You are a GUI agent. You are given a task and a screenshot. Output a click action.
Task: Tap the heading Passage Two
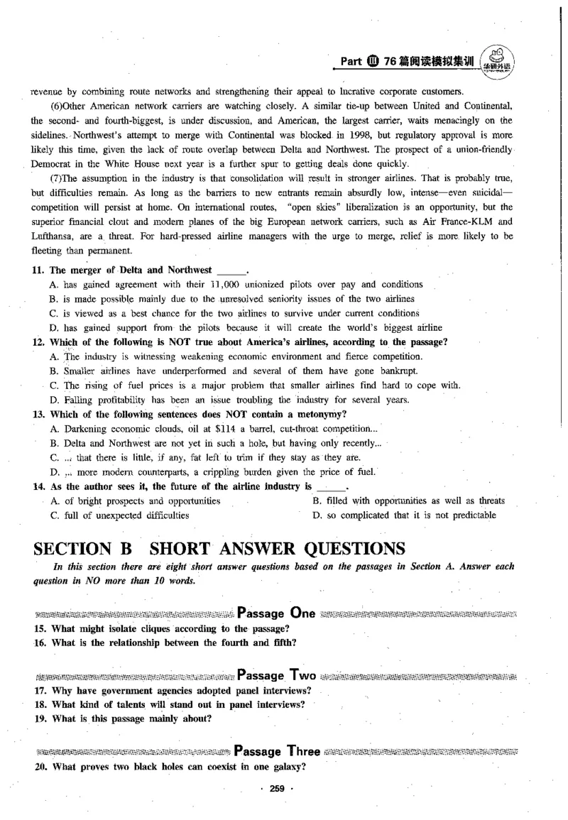pyautogui.click(x=275, y=674)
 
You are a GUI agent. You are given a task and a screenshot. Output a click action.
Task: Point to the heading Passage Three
pyautogui.click(x=277, y=750)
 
